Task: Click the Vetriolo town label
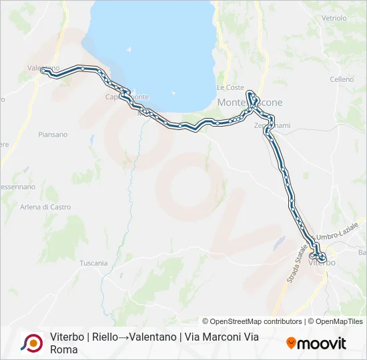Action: tap(334, 18)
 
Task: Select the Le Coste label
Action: tap(230, 87)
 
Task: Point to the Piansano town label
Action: tap(53, 135)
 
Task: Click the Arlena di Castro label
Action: tap(45, 207)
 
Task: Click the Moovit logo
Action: tap(316, 343)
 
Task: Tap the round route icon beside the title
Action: tap(31, 343)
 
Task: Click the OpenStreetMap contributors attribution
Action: tap(252, 321)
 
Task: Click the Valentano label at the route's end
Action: tap(43, 68)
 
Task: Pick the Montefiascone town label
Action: tap(250, 103)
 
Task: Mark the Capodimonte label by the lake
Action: tap(127, 97)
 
